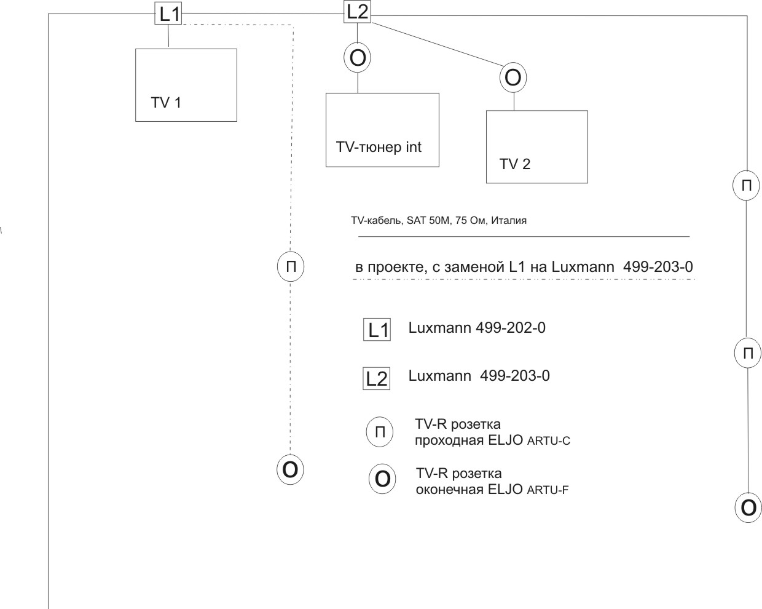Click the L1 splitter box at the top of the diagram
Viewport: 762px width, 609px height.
pos(168,13)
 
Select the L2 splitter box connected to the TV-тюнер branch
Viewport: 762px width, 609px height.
pos(357,12)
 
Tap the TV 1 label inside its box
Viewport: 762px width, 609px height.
pos(166,103)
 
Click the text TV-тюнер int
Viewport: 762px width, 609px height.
pos(379,147)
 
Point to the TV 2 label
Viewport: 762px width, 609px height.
pos(515,164)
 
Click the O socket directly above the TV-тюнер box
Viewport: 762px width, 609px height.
pos(357,58)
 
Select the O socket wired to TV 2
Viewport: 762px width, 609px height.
pos(513,78)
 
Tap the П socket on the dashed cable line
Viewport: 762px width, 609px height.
pos(291,266)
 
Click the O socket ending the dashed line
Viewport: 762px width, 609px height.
pos(290,470)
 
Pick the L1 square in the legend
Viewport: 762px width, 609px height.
pos(377,330)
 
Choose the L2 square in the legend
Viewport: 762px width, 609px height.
pos(377,378)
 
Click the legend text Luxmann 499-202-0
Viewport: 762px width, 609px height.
pos(477,328)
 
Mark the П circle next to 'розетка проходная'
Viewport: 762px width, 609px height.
pos(380,432)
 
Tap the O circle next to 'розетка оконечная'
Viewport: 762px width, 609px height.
pos(382,479)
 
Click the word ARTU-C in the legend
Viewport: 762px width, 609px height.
pos(549,441)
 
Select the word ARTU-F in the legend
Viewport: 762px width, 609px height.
pos(548,490)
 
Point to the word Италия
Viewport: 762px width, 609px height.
pos(509,220)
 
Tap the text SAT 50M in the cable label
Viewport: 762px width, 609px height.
pos(428,220)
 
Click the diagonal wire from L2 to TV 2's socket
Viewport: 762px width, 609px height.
pos(438,44)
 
